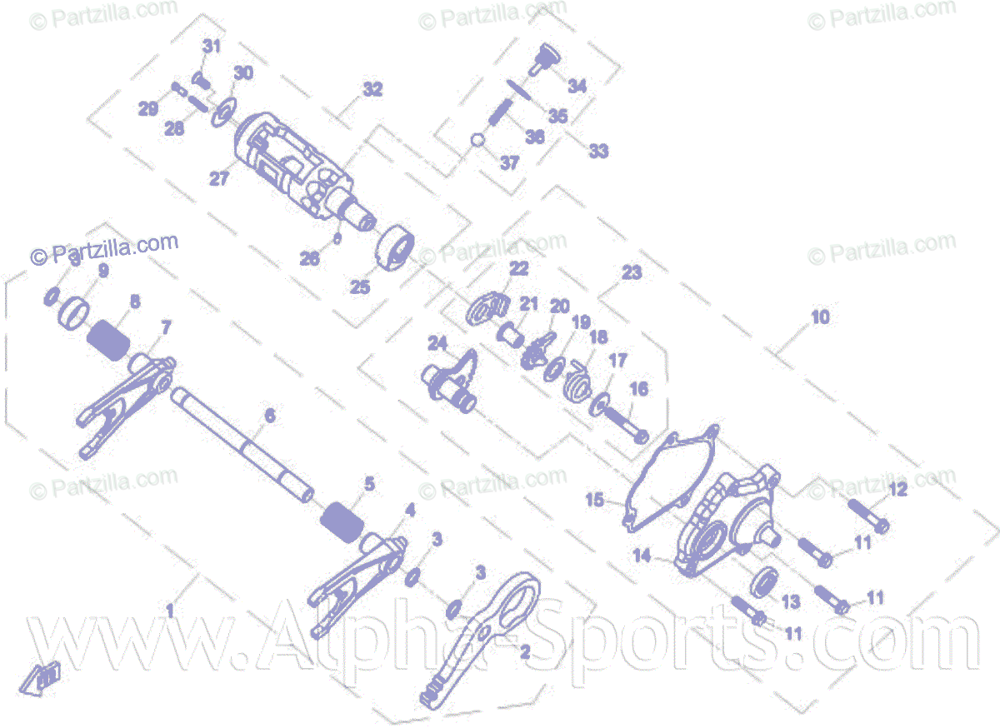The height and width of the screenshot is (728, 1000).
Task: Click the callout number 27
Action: tap(218, 179)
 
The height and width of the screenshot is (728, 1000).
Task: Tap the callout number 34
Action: tap(577, 86)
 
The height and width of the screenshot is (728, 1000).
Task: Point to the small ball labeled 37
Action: tap(477, 140)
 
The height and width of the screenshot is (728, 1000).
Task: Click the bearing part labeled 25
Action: tap(393, 247)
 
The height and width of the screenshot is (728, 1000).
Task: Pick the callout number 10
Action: tap(821, 317)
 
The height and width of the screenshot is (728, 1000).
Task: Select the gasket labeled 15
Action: tap(662, 483)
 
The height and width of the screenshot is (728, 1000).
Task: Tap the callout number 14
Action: tap(642, 556)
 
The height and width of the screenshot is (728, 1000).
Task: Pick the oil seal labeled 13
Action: tap(766, 582)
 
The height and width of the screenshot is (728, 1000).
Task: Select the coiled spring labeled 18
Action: tap(574, 380)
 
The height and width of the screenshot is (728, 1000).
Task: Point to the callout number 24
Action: tap(437, 342)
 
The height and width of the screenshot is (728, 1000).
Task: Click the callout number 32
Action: tap(372, 89)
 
